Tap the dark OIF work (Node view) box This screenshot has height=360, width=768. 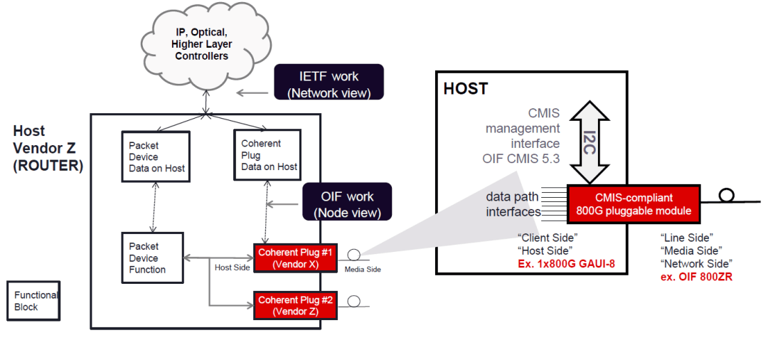[x=346, y=203]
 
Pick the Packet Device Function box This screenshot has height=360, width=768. [x=152, y=258]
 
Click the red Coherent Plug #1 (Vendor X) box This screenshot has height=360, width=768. [x=293, y=257]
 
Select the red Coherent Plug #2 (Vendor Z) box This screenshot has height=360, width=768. [x=293, y=305]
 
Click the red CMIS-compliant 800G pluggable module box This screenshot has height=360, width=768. [x=634, y=203]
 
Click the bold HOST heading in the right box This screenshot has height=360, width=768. [x=465, y=90]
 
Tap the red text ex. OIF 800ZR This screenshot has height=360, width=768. [x=696, y=276]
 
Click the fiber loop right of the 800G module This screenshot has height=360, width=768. [x=726, y=195]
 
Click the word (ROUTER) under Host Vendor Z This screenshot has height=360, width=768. [x=48, y=165]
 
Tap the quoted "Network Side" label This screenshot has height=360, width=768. [x=696, y=263]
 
